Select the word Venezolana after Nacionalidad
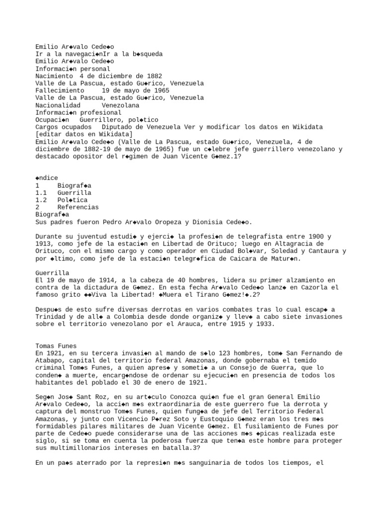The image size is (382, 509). click(120, 105)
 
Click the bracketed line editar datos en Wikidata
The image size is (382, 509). click(84, 134)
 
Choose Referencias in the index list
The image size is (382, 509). click(78, 207)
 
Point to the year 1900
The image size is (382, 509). click(316, 237)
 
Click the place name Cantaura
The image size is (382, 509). click(318, 251)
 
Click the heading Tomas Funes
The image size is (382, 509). click(56, 346)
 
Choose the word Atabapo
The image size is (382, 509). click(50, 361)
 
